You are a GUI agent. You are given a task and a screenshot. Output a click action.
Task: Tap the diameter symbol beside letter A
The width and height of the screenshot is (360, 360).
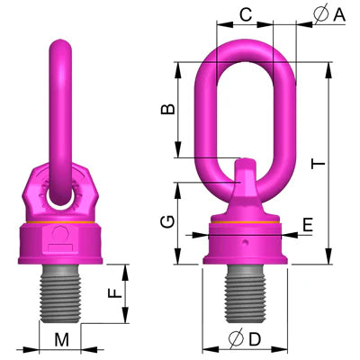pyautogui.click(x=321, y=13)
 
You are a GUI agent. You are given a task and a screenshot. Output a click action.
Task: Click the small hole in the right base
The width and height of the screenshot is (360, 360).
pyautogui.click(x=243, y=243)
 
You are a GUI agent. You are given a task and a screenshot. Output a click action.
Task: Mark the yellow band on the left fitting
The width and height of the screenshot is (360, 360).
pyautogui.click(x=59, y=222)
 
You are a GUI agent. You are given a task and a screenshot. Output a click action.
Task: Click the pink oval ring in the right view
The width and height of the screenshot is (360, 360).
pyautogui.click(x=209, y=108)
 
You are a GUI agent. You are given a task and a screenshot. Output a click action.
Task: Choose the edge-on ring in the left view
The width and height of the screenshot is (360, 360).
pyautogui.click(x=59, y=108)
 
